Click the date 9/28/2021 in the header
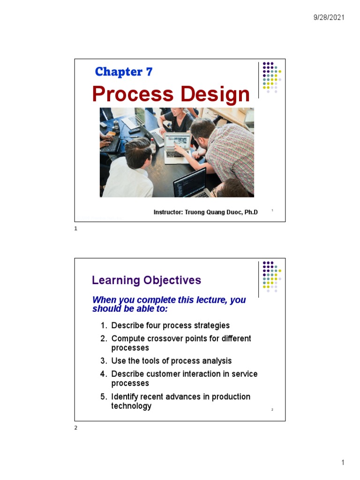(x=329, y=17)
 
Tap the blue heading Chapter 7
(x=123, y=72)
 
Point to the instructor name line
(x=205, y=212)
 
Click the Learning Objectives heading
(x=146, y=280)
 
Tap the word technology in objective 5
(x=131, y=406)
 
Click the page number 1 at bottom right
(x=343, y=463)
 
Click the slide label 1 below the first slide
(x=76, y=228)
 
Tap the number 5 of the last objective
(x=103, y=397)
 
